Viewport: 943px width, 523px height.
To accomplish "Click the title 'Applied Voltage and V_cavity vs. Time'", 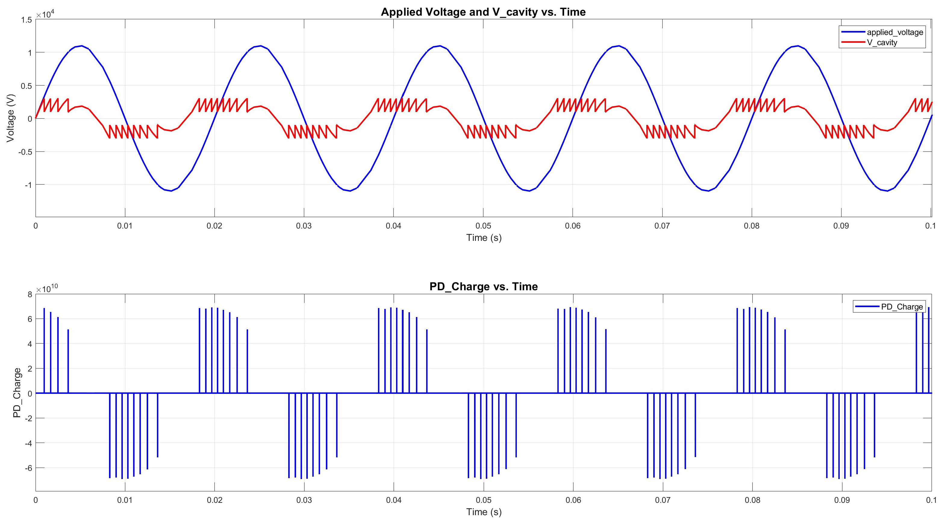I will coord(483,12).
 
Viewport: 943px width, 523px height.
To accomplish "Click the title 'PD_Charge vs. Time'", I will coord(483,287).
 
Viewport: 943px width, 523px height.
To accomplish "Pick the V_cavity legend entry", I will coord(882,42).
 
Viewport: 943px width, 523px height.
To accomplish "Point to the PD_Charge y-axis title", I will coord(17,393).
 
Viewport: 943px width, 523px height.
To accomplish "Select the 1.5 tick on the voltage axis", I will coord(27,20).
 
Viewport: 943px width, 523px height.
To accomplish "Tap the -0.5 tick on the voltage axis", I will coord(25,151).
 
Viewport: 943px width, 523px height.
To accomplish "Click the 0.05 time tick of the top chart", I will coord(483,226).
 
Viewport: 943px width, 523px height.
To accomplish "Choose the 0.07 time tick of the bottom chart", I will coord(662,500).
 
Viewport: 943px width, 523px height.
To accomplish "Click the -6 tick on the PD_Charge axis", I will coord(28,468).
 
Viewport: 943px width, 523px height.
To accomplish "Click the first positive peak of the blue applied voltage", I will coord(81,46).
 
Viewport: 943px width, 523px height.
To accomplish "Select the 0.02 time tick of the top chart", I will coord(214,226).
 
